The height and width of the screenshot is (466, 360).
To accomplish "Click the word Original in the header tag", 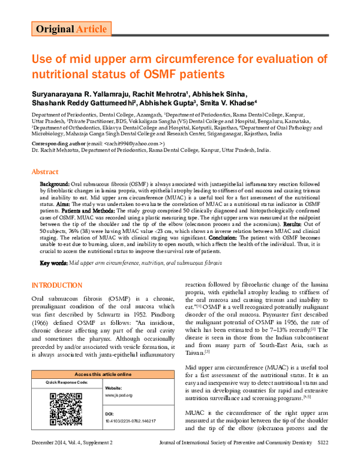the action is [55, 29].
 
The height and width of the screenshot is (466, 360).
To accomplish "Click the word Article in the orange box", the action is [92, 29].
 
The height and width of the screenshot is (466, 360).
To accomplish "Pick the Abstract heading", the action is [47, 171].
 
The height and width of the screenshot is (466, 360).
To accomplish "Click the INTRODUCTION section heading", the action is [58, 284].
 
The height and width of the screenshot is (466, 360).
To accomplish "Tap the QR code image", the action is [65, 409].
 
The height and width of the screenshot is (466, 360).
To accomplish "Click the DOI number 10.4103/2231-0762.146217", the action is [130, 421].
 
